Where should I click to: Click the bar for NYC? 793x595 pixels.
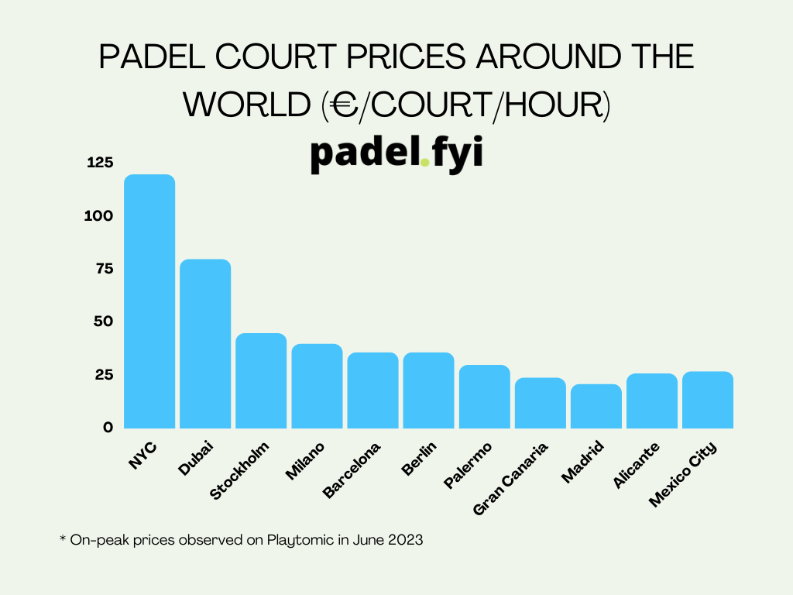[149, 301]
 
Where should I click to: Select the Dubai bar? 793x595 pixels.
[205, 344]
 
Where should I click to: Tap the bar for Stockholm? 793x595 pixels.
[261, 380]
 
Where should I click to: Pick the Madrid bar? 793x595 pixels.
[596, 406]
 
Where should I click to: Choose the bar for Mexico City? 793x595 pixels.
[707, 400]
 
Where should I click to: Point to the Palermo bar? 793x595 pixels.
[484, 396]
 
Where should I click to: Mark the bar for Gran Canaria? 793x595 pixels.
[540, 403]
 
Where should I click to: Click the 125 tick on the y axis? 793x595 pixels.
[100, 163]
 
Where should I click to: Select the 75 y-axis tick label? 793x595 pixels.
[104, 269]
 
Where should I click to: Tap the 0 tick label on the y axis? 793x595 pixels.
[108, 427]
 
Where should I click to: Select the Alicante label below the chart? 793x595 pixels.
[637, 466]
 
